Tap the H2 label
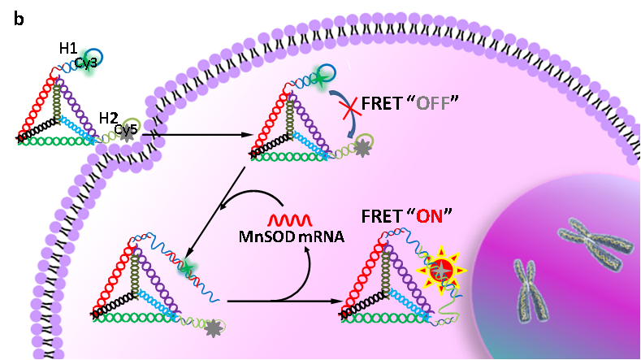pyautogui.click(x=109, y=119)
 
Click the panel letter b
pyautogui.click(x=19, y=19)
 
